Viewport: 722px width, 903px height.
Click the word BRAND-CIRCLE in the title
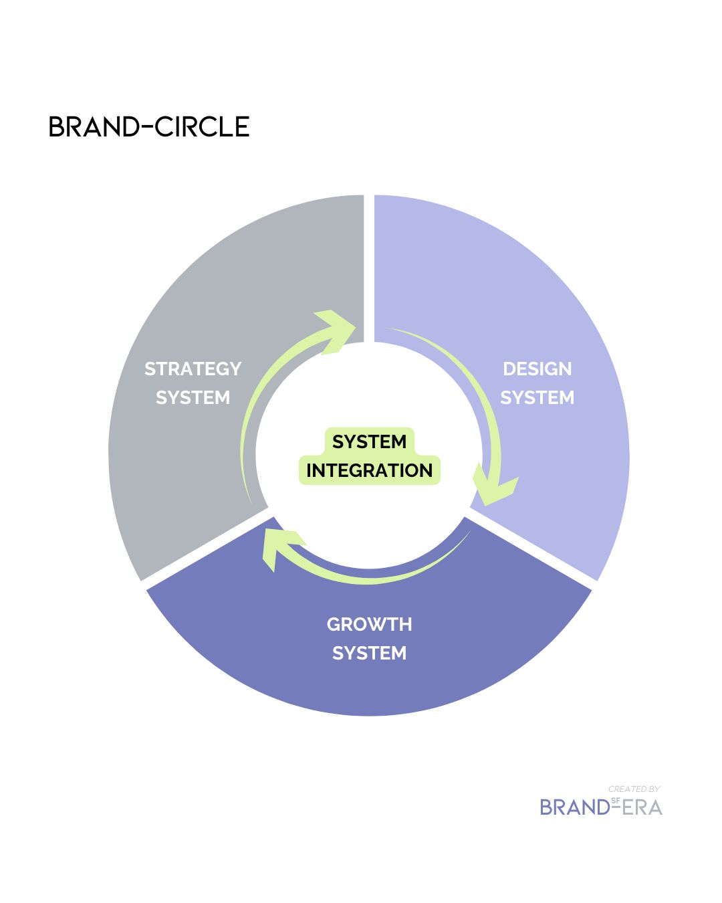pyautogui.click(x=149, y=126)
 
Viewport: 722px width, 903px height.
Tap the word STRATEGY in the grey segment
pyautogui.click(x=193, y=369)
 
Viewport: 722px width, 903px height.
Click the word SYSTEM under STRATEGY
pyautogui.click(x=193, y=397)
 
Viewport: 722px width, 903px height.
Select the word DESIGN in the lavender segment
pyautogui.click(x=537, y=369)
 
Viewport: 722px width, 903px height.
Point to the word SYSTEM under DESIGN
pyautogui.click(x=537, y=397)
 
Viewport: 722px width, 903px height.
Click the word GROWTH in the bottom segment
pyautogui.click(x=369, y=624)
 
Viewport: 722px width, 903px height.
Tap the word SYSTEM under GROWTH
pyautogui.click(x=369, y=653)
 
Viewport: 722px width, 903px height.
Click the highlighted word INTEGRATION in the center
pyautogui.click(x=369, y=470)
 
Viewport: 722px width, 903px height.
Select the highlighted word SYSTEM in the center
pyautogui.click(x=369, y=441)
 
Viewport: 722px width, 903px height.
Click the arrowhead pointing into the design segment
pyautogui.click(x=338, y=329)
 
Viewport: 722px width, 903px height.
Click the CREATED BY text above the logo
pyautogui.click(x=634, y=789)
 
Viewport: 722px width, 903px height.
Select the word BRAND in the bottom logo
pyautogui.click(x=574, y=807)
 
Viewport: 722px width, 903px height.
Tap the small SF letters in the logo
pyautogui.click(x=615, y=800)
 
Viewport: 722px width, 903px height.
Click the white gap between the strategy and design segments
pyautogui.click(x=369, y=268)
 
